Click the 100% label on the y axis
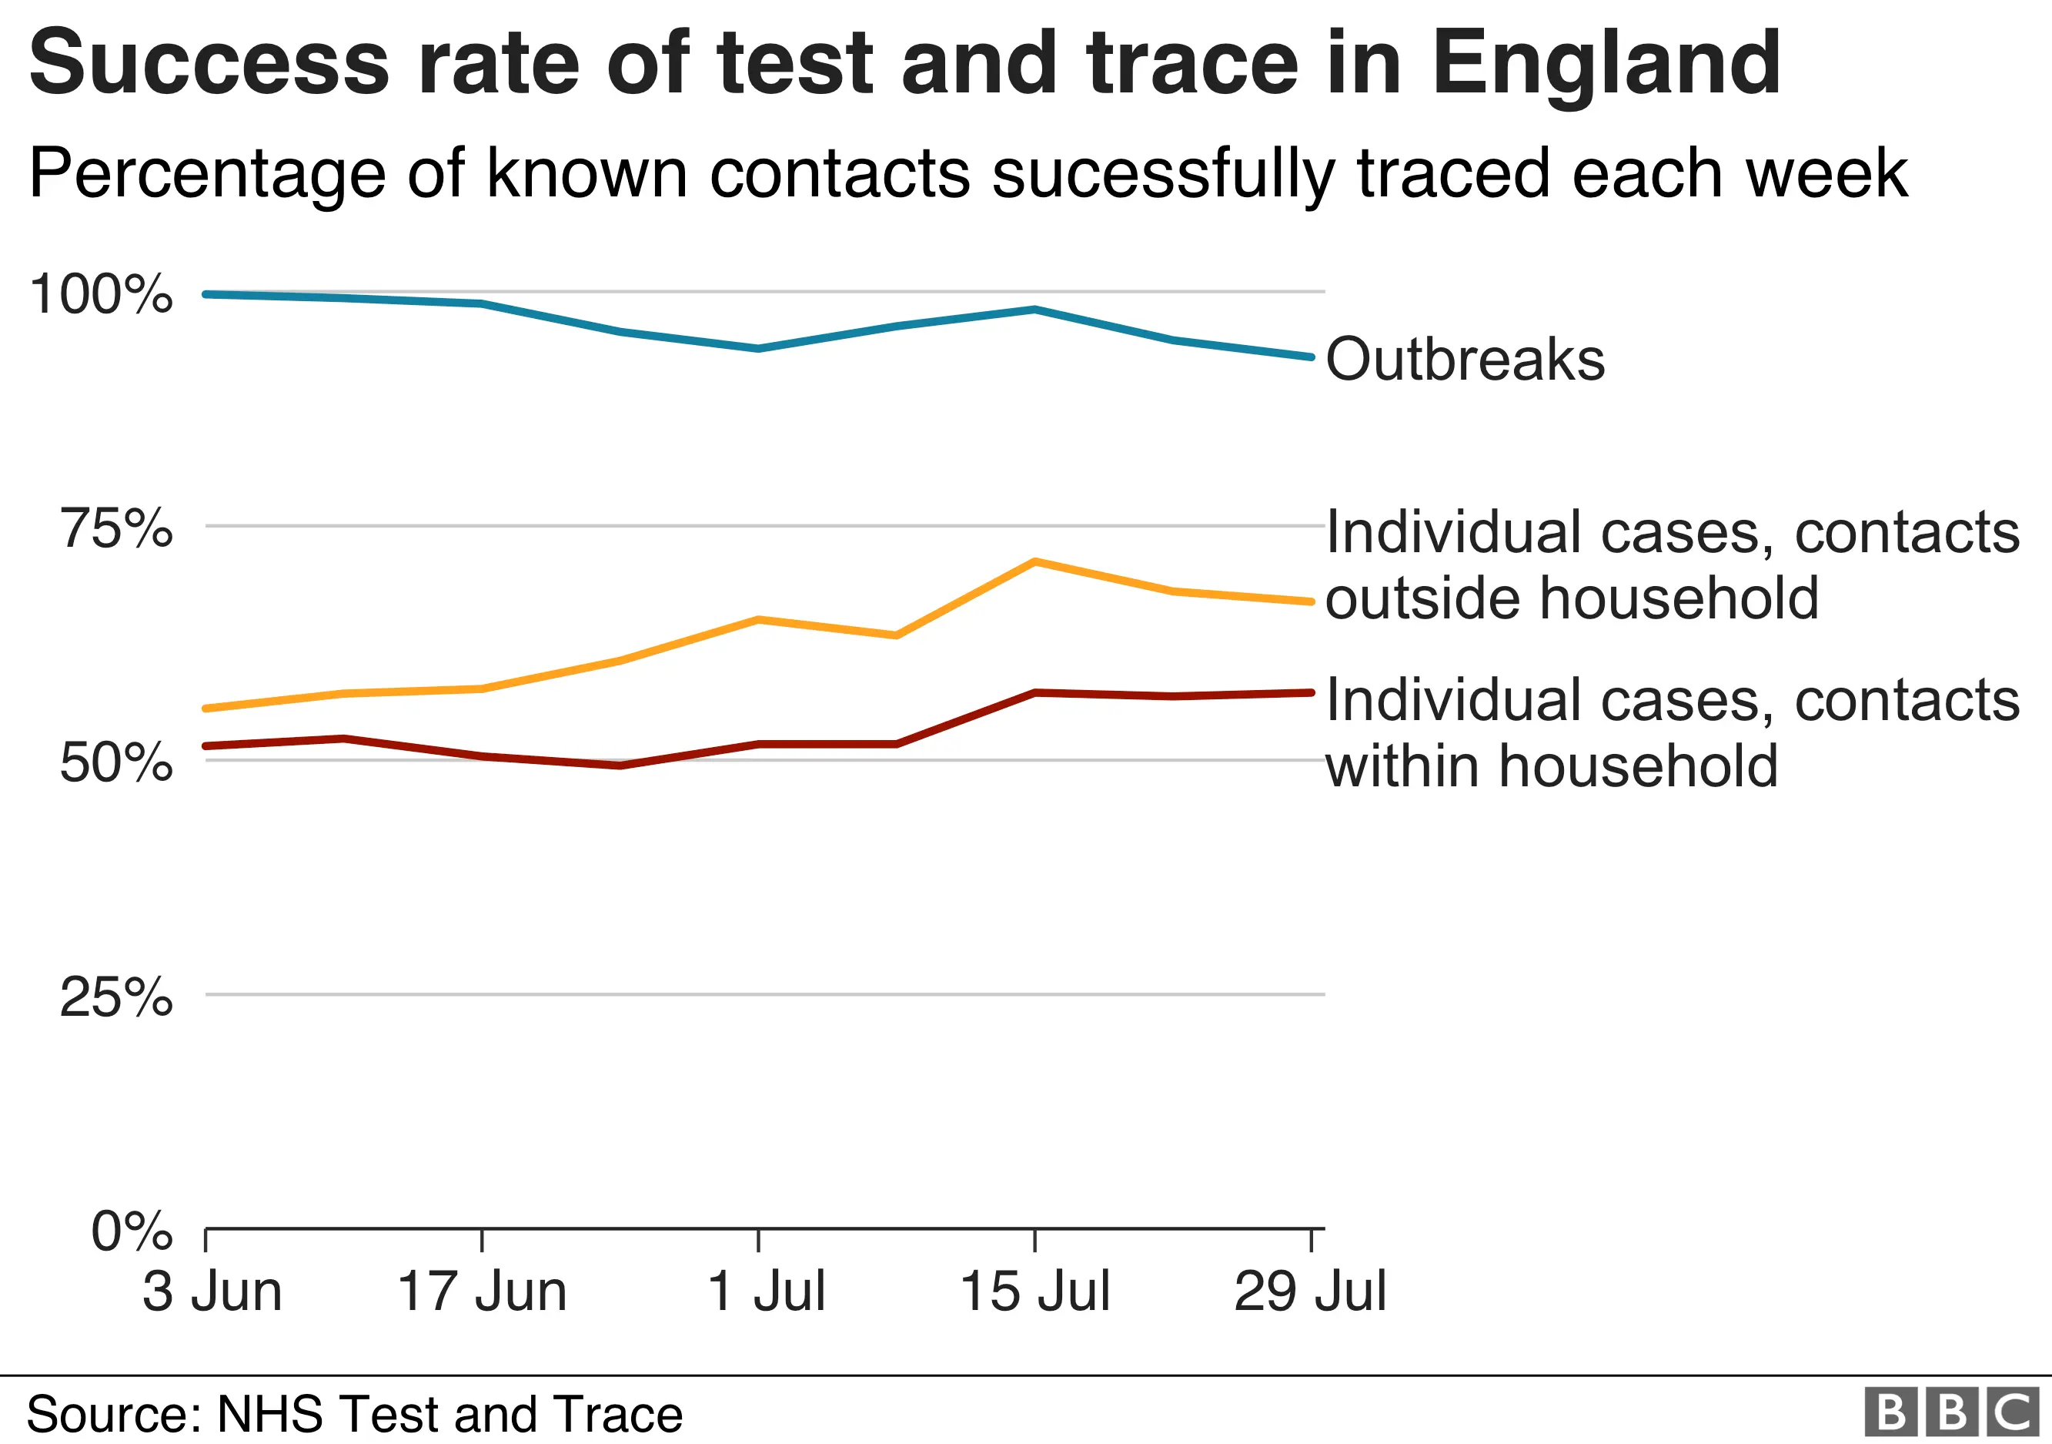pos(100,293)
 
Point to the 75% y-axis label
pos(116,528)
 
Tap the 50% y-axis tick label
pos(116,762)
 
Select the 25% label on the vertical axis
pos(116,997)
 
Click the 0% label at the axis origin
pos(132,1231)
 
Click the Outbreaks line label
pos(1465,360)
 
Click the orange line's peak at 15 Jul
pos(1034,561)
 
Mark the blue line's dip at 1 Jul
pos(758,349)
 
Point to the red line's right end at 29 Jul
pos(1310,692)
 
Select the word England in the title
pos(1606,62)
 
